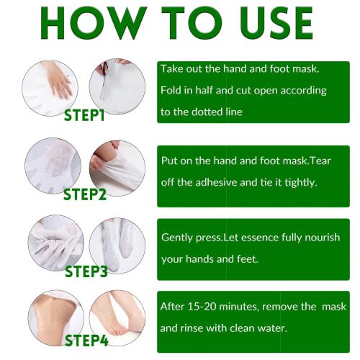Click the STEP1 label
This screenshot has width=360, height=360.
pos(84,115)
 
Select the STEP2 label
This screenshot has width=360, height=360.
pos(84,194)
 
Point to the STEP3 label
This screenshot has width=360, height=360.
pos(86,271)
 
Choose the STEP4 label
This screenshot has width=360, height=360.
pos(86,340)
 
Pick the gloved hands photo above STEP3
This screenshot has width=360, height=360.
pos(55,241)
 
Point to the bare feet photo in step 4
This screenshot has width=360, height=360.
pos(117,317)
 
